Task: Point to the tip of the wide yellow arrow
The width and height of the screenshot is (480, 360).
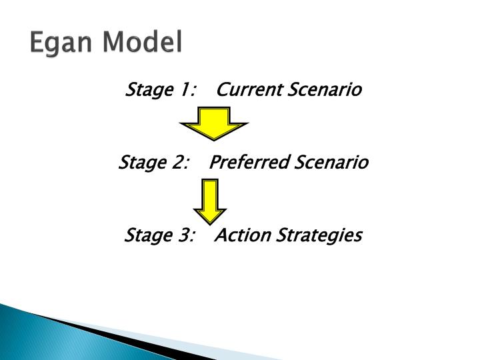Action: tap(213, 139)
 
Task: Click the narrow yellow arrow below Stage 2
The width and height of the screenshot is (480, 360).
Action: tap(210, 200)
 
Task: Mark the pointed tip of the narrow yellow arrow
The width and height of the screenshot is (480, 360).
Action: tap(210, 221)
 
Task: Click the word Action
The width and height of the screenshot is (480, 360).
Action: tap(240, 236)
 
